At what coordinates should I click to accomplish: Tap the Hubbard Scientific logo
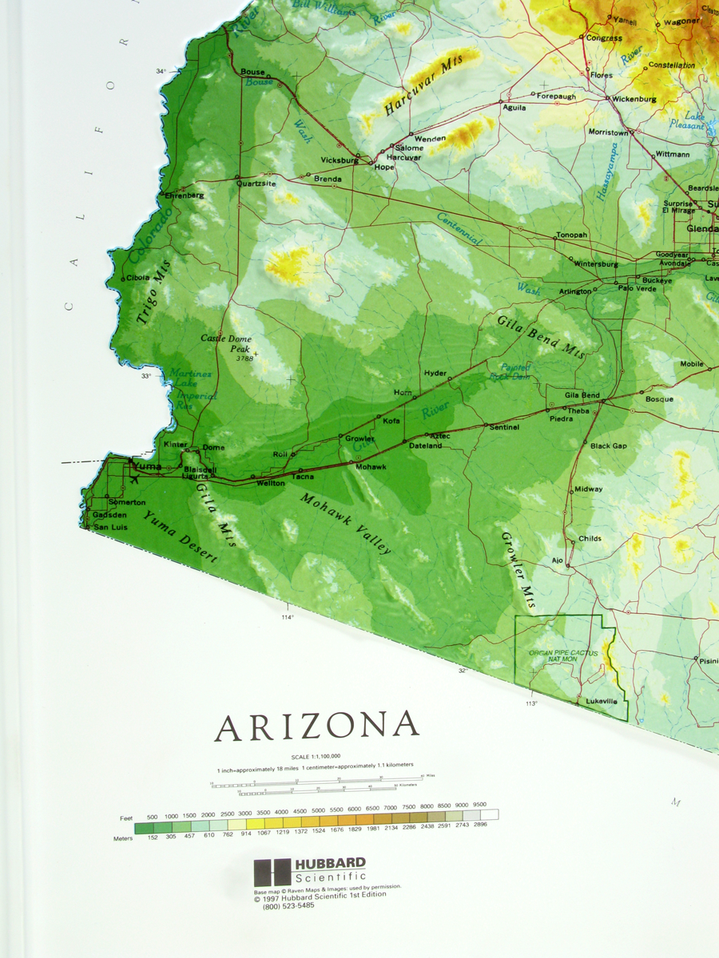310,870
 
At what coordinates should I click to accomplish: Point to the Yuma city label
147,467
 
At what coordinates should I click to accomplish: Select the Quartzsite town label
256,183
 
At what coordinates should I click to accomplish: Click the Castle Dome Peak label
226,344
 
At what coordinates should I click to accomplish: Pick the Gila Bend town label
582,395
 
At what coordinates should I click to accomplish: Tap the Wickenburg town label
634,100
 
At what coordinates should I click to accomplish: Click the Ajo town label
557,560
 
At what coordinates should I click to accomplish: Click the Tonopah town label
572,236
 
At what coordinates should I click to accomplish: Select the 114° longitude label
288,617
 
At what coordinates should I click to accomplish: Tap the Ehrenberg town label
185,195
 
